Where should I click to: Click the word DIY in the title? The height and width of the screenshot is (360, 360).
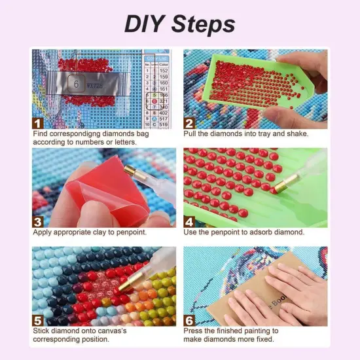tap(146, 24)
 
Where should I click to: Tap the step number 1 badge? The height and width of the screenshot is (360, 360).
tap(39, 122)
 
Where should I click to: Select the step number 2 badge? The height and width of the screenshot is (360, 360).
tap(190, 122)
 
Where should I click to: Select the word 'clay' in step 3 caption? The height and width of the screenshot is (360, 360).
tap(107, 232)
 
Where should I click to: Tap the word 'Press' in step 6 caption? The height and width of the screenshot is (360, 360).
tap(196, 331)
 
